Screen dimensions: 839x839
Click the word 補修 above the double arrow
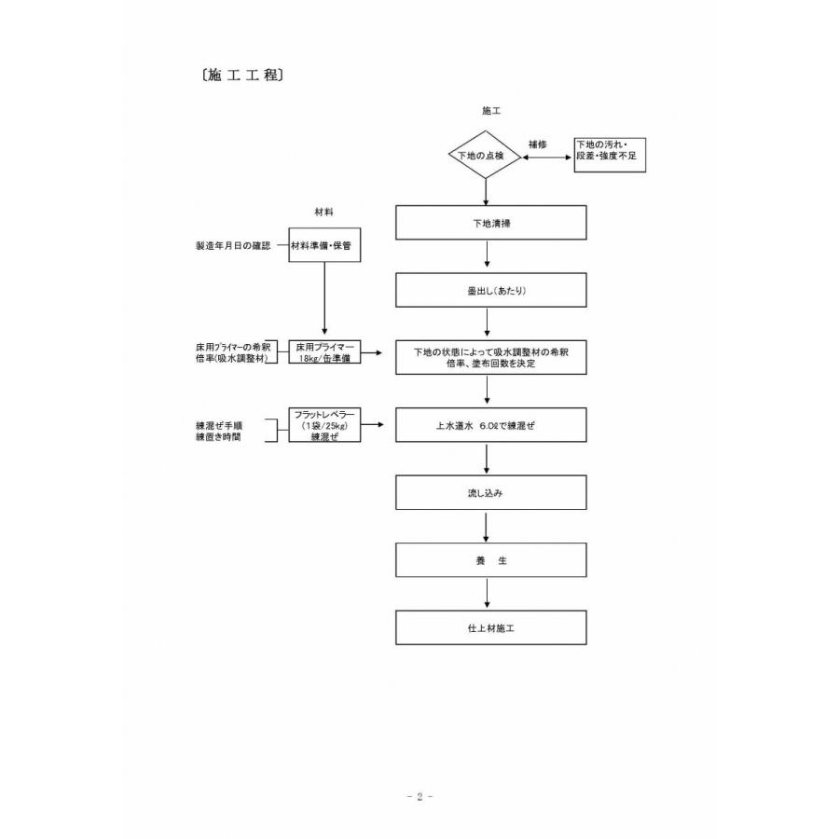click(x=537, y=144)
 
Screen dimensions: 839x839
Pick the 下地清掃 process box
click(x=491, y=223)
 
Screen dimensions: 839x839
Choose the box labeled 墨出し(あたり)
click(x=491, y=289)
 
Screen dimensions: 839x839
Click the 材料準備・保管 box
click(x=324, y=245)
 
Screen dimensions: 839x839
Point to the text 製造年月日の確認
click(x=233, y=245)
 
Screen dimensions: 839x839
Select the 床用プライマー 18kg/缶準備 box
click(x=324, y=352)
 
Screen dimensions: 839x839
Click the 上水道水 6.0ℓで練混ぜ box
click(x=491, y=425)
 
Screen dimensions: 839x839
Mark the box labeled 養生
click(x=491, y=561)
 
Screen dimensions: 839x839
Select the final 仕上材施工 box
click(x=491, y=627)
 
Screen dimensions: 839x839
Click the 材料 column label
click(x=324, y=212)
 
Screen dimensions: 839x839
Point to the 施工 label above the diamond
click(x=491, y=110)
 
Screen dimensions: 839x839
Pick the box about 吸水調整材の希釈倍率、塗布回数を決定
click(x=491, y=357)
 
